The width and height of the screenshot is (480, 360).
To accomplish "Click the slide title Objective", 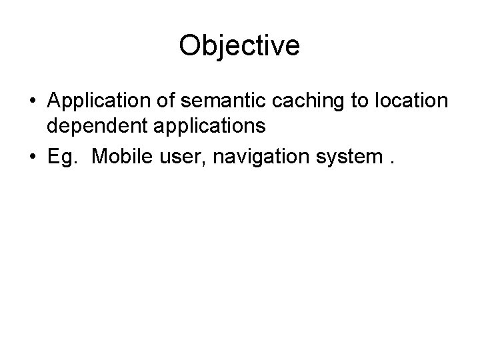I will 239,46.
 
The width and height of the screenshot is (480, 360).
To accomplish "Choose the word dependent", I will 90,125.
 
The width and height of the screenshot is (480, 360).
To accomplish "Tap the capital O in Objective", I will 190,46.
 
